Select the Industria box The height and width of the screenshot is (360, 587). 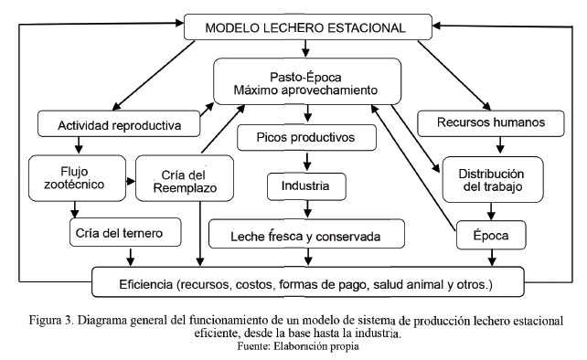(x=306, y=187)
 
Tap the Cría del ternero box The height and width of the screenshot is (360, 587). (x=115, y=233)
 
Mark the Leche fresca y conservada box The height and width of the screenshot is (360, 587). (x=306, y=236)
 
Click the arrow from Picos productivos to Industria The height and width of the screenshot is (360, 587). (x=306, y=163)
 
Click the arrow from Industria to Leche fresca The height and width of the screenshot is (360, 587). (x=306, y=211)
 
